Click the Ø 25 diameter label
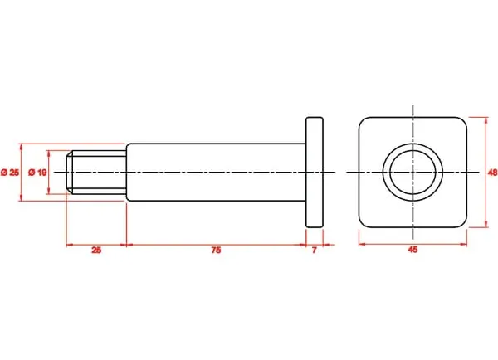(10, 173)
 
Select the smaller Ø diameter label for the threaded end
(37, 173)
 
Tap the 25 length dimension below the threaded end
(96, 251)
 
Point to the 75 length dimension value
(216, 251)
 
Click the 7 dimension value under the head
(314, 251)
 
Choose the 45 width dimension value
(413, 250)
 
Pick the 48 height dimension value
(492, 173)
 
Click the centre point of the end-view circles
(413, 173)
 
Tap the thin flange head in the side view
(315, 173)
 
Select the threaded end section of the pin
(96, 173)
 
